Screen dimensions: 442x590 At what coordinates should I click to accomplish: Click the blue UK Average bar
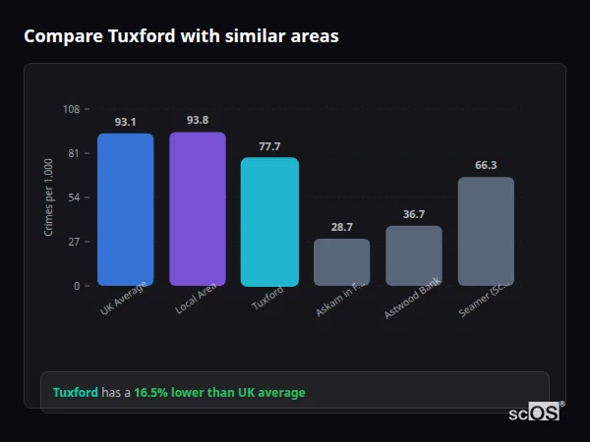click(x=125, y=209)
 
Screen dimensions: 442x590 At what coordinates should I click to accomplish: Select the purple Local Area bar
click(x=198, y=208)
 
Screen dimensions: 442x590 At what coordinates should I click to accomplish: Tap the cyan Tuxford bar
click(x=269, y=221)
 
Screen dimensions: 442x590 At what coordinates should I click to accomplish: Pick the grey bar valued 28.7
click(x=341, y=261)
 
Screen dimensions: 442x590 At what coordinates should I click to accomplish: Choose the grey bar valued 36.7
click(x=414, y=255)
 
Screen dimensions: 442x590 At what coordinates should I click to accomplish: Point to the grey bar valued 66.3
click(x=486, y=231)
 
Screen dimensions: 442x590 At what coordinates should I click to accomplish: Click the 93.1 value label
click(x=125, y=123)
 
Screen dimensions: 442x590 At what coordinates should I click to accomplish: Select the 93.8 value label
click(x=198, y=121)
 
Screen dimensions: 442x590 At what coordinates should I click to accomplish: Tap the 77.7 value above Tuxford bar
click(x=269, y=146)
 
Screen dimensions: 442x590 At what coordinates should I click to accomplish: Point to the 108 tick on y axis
click(x=71, y=109)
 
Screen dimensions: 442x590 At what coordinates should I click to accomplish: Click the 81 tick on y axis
click(x=73, y=153)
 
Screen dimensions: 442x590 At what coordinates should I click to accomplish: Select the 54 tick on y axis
click(x=73, y=197)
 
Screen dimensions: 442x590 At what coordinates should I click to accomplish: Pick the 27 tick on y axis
click(x=73, y=242)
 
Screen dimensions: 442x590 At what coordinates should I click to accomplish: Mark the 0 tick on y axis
click(x=76, y=286)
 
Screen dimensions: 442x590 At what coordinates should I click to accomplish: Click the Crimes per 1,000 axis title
click(x=49, y=197)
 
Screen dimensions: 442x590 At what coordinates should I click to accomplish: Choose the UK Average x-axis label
click(x=125, y=300)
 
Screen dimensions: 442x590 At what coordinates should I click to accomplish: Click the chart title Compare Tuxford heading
click(x=181, y=36)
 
